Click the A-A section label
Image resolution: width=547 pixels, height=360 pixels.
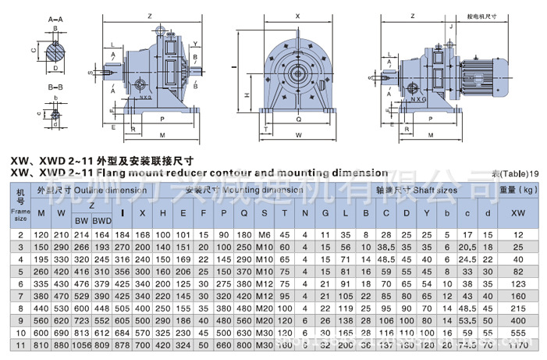[55, 16]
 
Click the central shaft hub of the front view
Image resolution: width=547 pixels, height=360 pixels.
[297, 76]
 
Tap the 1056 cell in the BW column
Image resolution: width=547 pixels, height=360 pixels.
[82, 344]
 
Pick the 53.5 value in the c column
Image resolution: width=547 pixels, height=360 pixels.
[467, 320]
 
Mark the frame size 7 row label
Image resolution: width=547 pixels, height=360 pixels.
[21, 296]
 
